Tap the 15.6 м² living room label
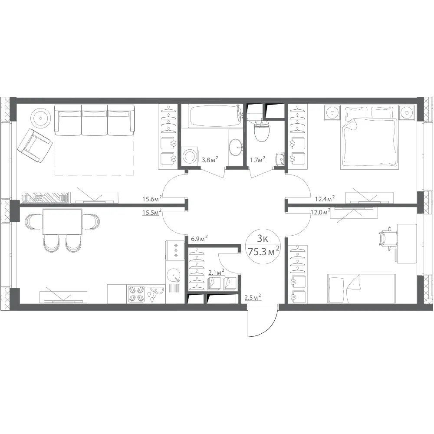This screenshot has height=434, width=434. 152,198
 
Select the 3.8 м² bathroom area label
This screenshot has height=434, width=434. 210,159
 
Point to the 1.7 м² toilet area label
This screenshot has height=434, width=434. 258,159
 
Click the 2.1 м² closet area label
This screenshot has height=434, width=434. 216,273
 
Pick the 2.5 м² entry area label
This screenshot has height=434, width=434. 253,298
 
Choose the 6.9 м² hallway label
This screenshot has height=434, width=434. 199,239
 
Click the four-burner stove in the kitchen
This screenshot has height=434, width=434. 136,294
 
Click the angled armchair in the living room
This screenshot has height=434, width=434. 35,146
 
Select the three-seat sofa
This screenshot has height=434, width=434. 94,120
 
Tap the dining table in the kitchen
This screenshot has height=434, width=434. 62,222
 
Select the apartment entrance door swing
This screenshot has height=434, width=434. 263,321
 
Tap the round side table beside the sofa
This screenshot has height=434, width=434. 41,118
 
